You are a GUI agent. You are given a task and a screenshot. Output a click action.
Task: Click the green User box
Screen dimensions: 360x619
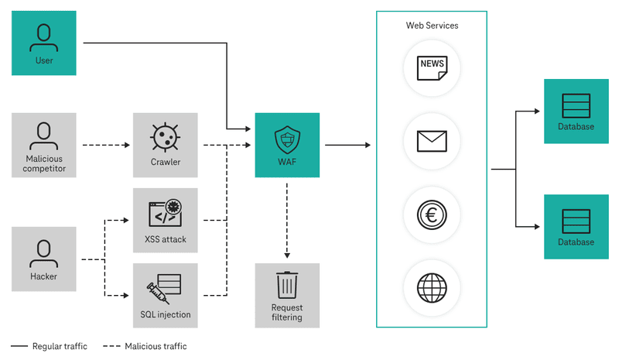point(44,43)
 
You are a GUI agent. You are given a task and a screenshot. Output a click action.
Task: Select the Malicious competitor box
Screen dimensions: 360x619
point(44,145)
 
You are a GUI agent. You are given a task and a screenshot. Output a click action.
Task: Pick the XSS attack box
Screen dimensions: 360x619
point(165,221)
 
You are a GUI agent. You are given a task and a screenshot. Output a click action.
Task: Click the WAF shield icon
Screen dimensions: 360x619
point(287,139)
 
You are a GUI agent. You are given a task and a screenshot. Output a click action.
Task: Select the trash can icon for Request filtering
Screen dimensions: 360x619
point(287,285)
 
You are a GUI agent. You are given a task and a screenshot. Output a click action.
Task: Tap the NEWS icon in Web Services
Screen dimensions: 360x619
point(432,67)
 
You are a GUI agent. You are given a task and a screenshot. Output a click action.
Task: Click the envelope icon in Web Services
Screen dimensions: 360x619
point(432,141)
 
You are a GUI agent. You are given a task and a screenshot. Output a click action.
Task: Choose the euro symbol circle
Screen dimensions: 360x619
point(432,214)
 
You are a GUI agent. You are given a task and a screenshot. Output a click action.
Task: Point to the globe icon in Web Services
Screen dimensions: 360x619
point(432,287)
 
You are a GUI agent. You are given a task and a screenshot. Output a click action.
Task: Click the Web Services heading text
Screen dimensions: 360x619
point(432,26)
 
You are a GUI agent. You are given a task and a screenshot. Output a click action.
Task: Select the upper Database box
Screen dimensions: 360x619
point(576,111)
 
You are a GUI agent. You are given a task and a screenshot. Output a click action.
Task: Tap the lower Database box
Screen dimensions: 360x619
point(576,226)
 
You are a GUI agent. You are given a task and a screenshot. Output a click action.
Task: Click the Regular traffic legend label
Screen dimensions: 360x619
point(60,347)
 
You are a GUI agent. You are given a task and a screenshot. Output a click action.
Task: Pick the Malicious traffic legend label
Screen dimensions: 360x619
point(156,347)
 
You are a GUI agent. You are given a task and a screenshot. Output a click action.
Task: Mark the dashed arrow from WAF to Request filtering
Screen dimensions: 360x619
point(287,220)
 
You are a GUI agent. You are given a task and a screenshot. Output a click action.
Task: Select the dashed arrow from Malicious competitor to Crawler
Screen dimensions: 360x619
point(104,145)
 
